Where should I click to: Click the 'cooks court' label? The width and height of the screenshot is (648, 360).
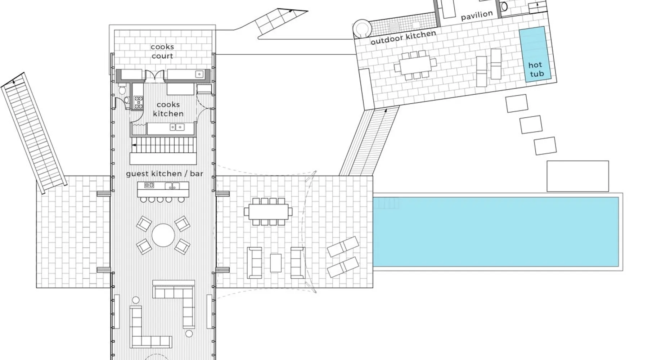[x=162, y=51]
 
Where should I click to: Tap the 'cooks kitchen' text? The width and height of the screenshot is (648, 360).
[x=168, y=109]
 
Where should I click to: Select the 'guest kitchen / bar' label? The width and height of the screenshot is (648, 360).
[x=165, y=174]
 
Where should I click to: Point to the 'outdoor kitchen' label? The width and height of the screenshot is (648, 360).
[x=403, y=37]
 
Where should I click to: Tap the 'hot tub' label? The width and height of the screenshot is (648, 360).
[x=536, y=69]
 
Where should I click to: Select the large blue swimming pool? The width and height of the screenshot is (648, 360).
[x=496, y=232]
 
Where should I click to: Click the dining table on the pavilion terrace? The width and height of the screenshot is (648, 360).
[x=415, y=65]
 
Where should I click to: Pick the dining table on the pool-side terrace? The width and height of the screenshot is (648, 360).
[x=268, y=211]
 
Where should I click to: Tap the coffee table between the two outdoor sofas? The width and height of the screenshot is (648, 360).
[x=276, y=263]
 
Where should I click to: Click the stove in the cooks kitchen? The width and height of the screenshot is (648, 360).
[x=139, y=102]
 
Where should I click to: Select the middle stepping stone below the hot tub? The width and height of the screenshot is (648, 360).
[x=531, y=125]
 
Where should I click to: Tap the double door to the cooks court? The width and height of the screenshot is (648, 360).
[x=155, y=75]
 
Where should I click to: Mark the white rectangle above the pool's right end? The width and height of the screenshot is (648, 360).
[x=577, y=176]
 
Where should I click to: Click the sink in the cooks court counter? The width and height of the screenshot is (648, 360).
[x=199, y=74]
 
